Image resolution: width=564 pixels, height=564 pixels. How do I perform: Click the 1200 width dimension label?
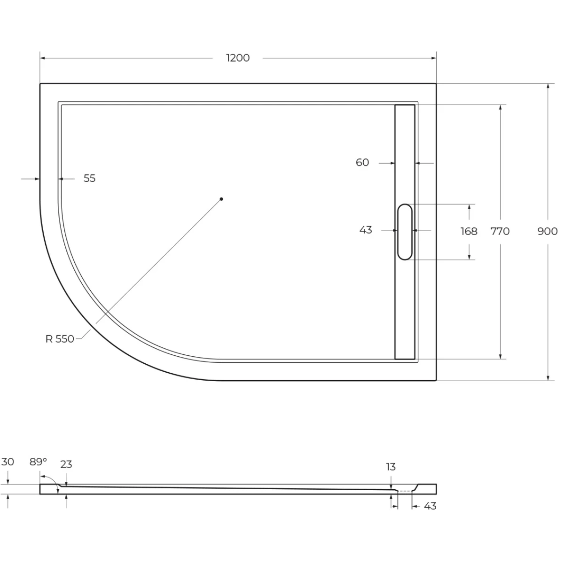click(x=238, y=58)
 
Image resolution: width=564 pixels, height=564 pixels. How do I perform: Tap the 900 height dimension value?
click(x=548, y=231)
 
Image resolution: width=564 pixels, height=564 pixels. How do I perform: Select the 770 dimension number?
click(x=500, y=231)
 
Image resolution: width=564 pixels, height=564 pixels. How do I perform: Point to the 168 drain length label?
click(x=469, y=231)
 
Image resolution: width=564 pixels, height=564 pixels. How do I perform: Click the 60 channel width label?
click(x=362, y=163)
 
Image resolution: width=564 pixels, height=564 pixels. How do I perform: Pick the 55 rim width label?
click(x=90, y=178)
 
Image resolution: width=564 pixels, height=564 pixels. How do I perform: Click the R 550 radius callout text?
click(x=60, y=339)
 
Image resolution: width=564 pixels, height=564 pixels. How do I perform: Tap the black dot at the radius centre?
click(x=221, y=199)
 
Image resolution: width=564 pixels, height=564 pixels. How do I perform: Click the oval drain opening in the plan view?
click(x=405, y=232)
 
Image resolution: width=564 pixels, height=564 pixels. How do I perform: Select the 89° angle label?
click(x=38, y=462)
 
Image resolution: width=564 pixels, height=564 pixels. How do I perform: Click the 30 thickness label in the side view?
click(x=8, y=462)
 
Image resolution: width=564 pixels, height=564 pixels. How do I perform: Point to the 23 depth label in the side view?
click(x=66, y=464)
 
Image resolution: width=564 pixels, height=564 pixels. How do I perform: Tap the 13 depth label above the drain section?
click(x=391, y=467)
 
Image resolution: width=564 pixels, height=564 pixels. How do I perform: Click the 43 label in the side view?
click(x=430, y=506)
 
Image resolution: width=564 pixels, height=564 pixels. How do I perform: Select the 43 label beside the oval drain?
click(x=366, y=230)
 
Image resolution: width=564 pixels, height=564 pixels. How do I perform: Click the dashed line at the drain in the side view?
click(x=405, y=491)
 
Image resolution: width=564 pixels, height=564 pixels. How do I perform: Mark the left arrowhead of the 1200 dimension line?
click(x=42, y=58)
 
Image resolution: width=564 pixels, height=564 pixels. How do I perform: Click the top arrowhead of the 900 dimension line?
click(x=548, y=86)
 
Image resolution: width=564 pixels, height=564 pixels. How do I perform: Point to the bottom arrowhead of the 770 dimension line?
click(x=501, y=356)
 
